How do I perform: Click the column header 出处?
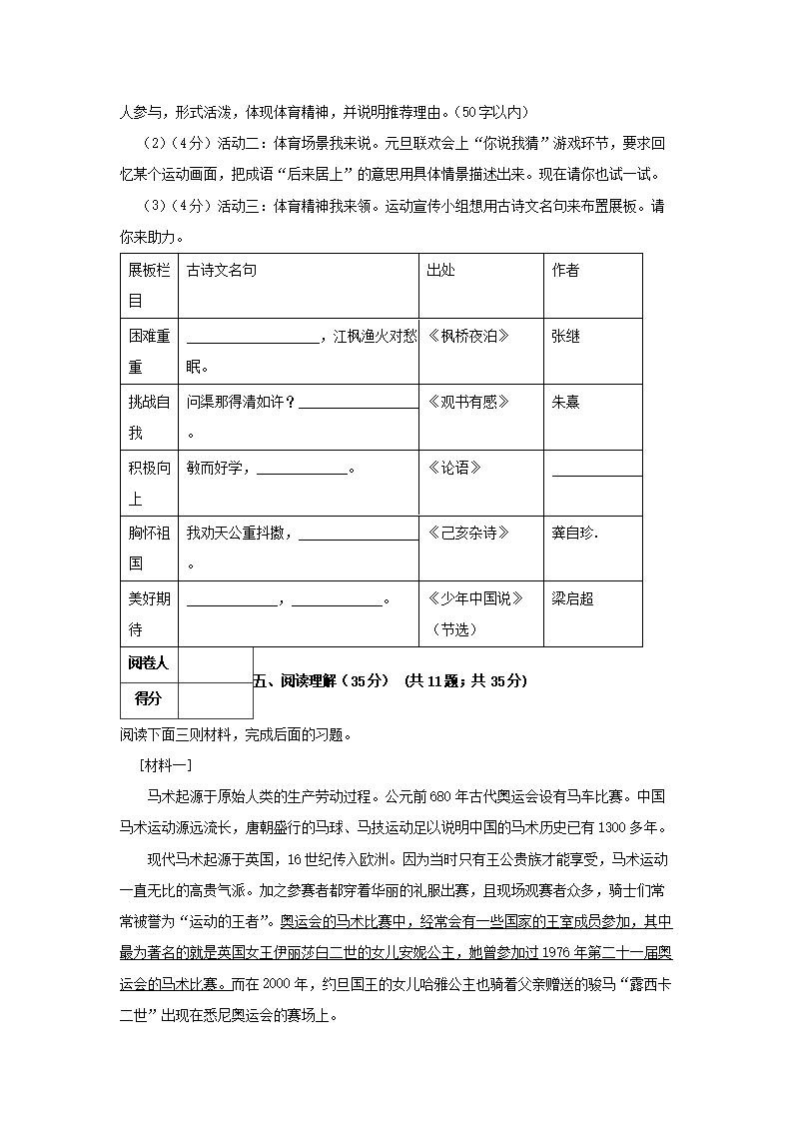tap(441, 271)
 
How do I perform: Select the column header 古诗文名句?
tap(222, 271)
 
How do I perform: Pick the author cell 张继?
tap(565, 337)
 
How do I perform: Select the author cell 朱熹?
tap(565, 402)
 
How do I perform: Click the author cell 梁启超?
tap(572, 598)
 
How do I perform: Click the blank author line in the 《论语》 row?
tap(596, 473)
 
